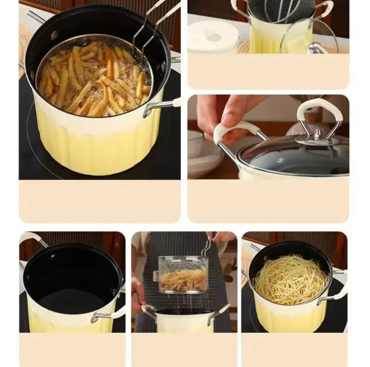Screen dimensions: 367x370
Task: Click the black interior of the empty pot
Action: tap(70, 279)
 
